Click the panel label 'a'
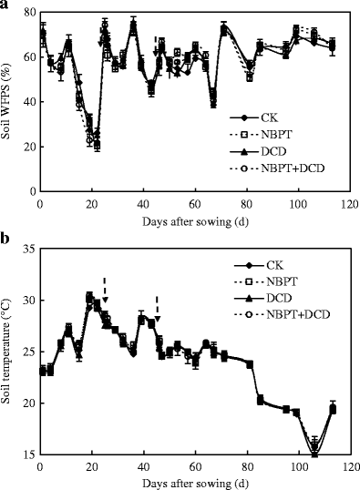pyautogui.click(x=5, y=6)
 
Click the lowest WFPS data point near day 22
pyautogui.click(x=97, y=146)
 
